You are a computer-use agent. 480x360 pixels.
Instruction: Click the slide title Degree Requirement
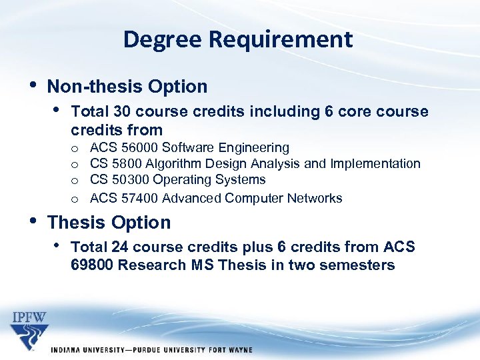click(x=238, y=40)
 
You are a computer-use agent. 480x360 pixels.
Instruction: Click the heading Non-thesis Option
click(x=127, y=87)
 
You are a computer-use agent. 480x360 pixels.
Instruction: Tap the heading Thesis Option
click(x=109, y=223)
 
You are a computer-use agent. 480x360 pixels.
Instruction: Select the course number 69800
click(x=95, y=265)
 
